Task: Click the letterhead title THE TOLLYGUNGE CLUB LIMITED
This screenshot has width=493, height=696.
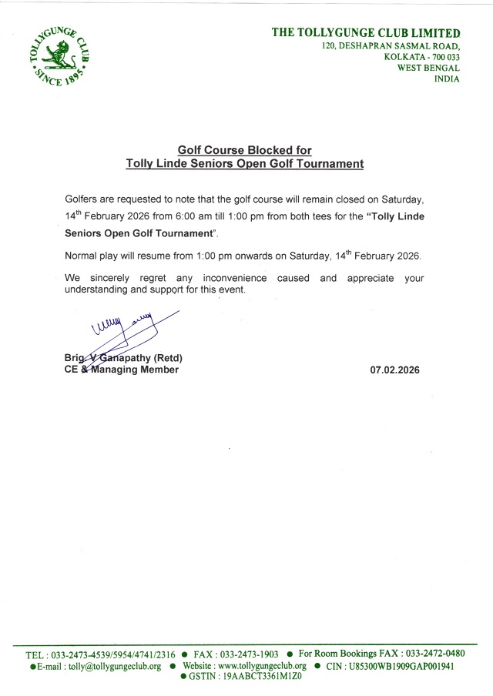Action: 366,33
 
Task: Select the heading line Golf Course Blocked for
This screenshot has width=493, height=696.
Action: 245,151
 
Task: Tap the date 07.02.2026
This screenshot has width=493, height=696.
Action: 394,370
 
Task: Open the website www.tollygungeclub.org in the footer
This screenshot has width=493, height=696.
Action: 262,666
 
